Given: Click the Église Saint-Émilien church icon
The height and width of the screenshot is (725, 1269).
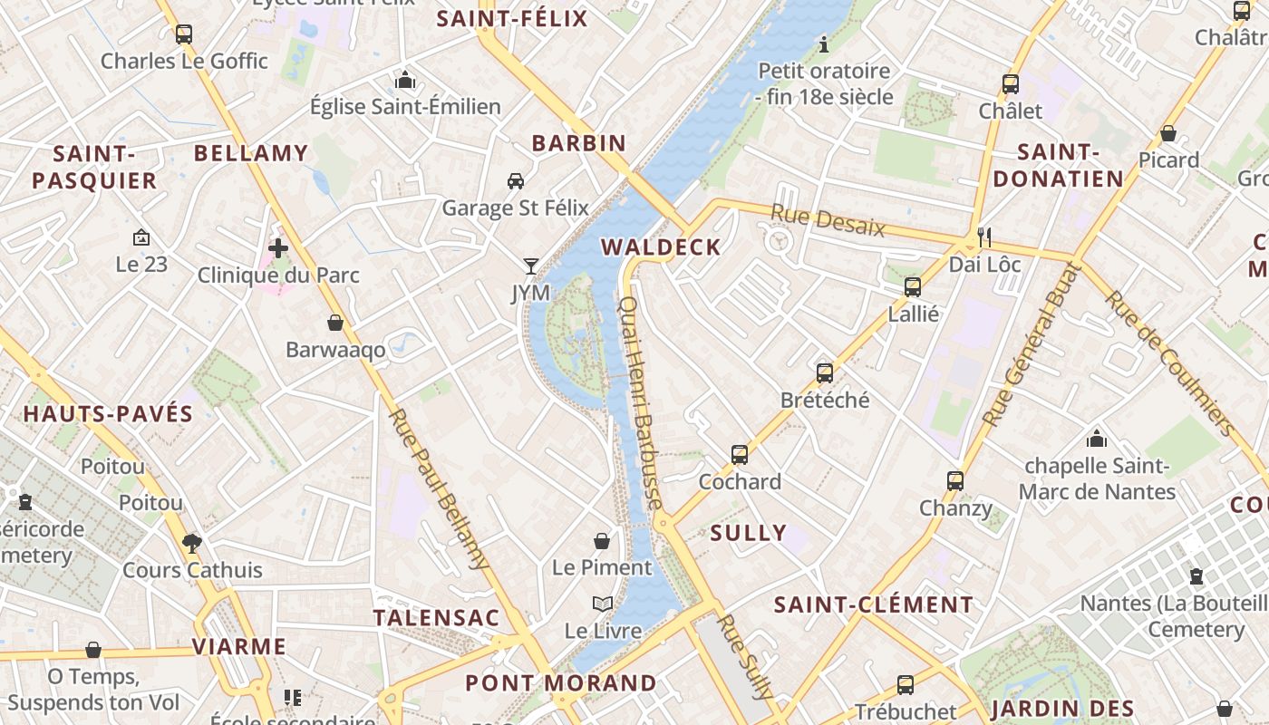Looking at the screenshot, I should tap(405, 81).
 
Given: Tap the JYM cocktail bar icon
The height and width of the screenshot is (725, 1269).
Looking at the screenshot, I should tap(531, 266).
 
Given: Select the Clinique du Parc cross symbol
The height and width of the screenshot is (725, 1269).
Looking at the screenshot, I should tap(278, 247).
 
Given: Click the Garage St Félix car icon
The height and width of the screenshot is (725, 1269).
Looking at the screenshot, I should tap(515, 181).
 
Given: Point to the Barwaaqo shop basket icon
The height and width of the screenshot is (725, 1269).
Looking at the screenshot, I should tap(335, 323).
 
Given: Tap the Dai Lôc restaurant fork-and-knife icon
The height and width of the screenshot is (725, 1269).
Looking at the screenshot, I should tap(984, 237).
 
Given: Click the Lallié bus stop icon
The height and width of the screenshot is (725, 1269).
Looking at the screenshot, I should tap(913, 287).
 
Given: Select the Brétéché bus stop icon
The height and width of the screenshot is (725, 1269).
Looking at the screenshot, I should tap(825, 372).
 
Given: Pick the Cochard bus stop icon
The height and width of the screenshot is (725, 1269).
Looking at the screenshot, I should tap(740, 454).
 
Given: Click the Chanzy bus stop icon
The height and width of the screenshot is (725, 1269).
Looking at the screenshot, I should tap(955, 480).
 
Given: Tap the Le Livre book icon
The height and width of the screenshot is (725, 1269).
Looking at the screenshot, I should tap(603, 604).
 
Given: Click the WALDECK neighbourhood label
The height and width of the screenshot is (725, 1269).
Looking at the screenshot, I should tap(661, 247).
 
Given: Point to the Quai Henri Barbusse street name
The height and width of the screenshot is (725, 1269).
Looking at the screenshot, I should tap(644, 403).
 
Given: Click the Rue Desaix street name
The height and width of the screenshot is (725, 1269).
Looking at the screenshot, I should tap(827, 220).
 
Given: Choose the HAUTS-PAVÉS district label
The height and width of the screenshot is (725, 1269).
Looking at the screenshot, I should tap(108, 414).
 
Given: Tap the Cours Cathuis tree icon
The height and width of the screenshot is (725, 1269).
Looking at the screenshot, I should tap(191, 543).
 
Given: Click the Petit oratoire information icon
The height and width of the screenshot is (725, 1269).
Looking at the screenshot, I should tap(824, 43).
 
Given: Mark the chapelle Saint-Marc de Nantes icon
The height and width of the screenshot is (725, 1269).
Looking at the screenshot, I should tap(1097, 439).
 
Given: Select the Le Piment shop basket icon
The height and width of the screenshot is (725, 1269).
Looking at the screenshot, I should tap(602, 541).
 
